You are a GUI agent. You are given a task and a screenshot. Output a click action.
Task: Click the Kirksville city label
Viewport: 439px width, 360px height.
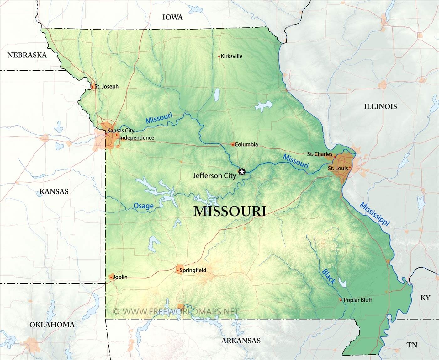coord(231,56)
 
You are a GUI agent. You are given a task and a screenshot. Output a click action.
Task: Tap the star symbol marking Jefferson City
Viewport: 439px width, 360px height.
coord(242,172)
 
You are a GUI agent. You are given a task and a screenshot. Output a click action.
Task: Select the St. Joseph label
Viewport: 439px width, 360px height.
coord(106,86)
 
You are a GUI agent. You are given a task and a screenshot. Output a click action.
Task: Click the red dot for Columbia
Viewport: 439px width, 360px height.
coord(233,144)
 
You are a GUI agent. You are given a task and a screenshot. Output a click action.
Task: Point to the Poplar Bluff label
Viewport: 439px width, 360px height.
coord(358,300)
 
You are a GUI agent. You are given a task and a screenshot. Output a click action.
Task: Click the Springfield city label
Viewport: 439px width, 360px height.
coord(193,270)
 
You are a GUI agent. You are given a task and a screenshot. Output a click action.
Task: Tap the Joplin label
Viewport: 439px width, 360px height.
coord(120,277)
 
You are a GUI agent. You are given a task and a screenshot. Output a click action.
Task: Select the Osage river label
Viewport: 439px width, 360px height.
coord(143,206)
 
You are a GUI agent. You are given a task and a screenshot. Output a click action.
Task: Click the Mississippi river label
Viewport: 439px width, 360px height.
coord(374,214)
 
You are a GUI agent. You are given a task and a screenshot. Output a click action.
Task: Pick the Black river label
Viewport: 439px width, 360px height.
coord(328,277)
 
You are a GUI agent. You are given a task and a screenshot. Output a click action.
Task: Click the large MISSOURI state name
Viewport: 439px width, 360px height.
coord(230,211)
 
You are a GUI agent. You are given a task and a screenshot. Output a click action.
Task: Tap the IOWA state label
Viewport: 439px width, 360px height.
coord(172,17)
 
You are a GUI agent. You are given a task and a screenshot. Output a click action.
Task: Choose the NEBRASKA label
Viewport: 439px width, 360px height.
coord(27,55)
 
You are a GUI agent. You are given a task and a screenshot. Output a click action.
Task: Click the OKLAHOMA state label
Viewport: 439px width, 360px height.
coord(52,325)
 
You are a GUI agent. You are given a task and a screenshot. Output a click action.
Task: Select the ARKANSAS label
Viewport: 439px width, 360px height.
coord(241,341)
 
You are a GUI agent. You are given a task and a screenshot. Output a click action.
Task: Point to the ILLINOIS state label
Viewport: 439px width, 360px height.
coord(380,106)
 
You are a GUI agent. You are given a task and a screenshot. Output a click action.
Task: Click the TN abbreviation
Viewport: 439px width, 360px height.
coord(412,345)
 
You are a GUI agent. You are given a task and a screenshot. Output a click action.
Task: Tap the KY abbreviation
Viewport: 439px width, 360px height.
coord(425,298)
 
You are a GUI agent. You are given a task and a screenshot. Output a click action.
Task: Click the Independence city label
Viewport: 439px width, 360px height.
coord(137,138)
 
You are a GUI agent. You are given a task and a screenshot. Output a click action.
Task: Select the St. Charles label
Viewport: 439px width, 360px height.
coord(319,154)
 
